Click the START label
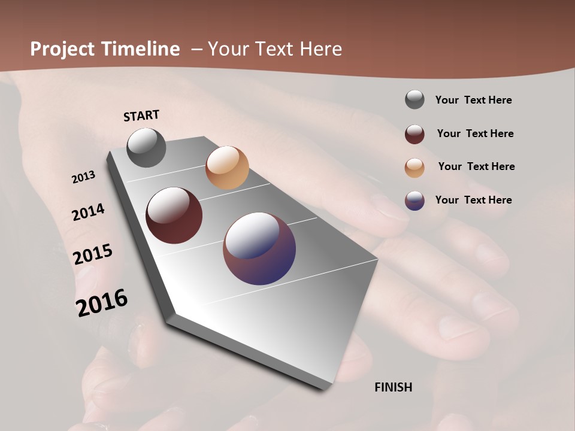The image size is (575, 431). pyautogui.click(x=141, y=116)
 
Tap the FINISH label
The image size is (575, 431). pyautogui.click(x=394, y=387)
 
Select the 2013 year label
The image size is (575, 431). pyautogui.click(x=84, y=177)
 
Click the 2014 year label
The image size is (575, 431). pyautogui.click(x=89, y=213)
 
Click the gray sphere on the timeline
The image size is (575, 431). pyautogui.click(x=147, y=147)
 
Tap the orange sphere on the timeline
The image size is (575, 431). pyautogui.click(x=227, y=168)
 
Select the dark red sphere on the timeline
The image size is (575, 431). pyautogui.click(x=174, y=215)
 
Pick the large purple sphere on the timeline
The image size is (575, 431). pyautogui.click(x=259, y=248)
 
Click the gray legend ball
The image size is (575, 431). pyautogui.click(x=414, y=99)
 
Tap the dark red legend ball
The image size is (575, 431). pyautogui.click(x=414, y=134)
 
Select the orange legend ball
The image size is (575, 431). pyautogui.click(x=414, y=168)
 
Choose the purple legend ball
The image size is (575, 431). pyautogui.click(x=414, y=201)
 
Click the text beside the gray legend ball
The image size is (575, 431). pyautogui.click(x=473, y=100)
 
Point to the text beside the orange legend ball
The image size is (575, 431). pyautogui.click(x=476, y=166)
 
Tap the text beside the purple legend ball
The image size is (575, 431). pyautogui.click(x=473, y=200)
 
